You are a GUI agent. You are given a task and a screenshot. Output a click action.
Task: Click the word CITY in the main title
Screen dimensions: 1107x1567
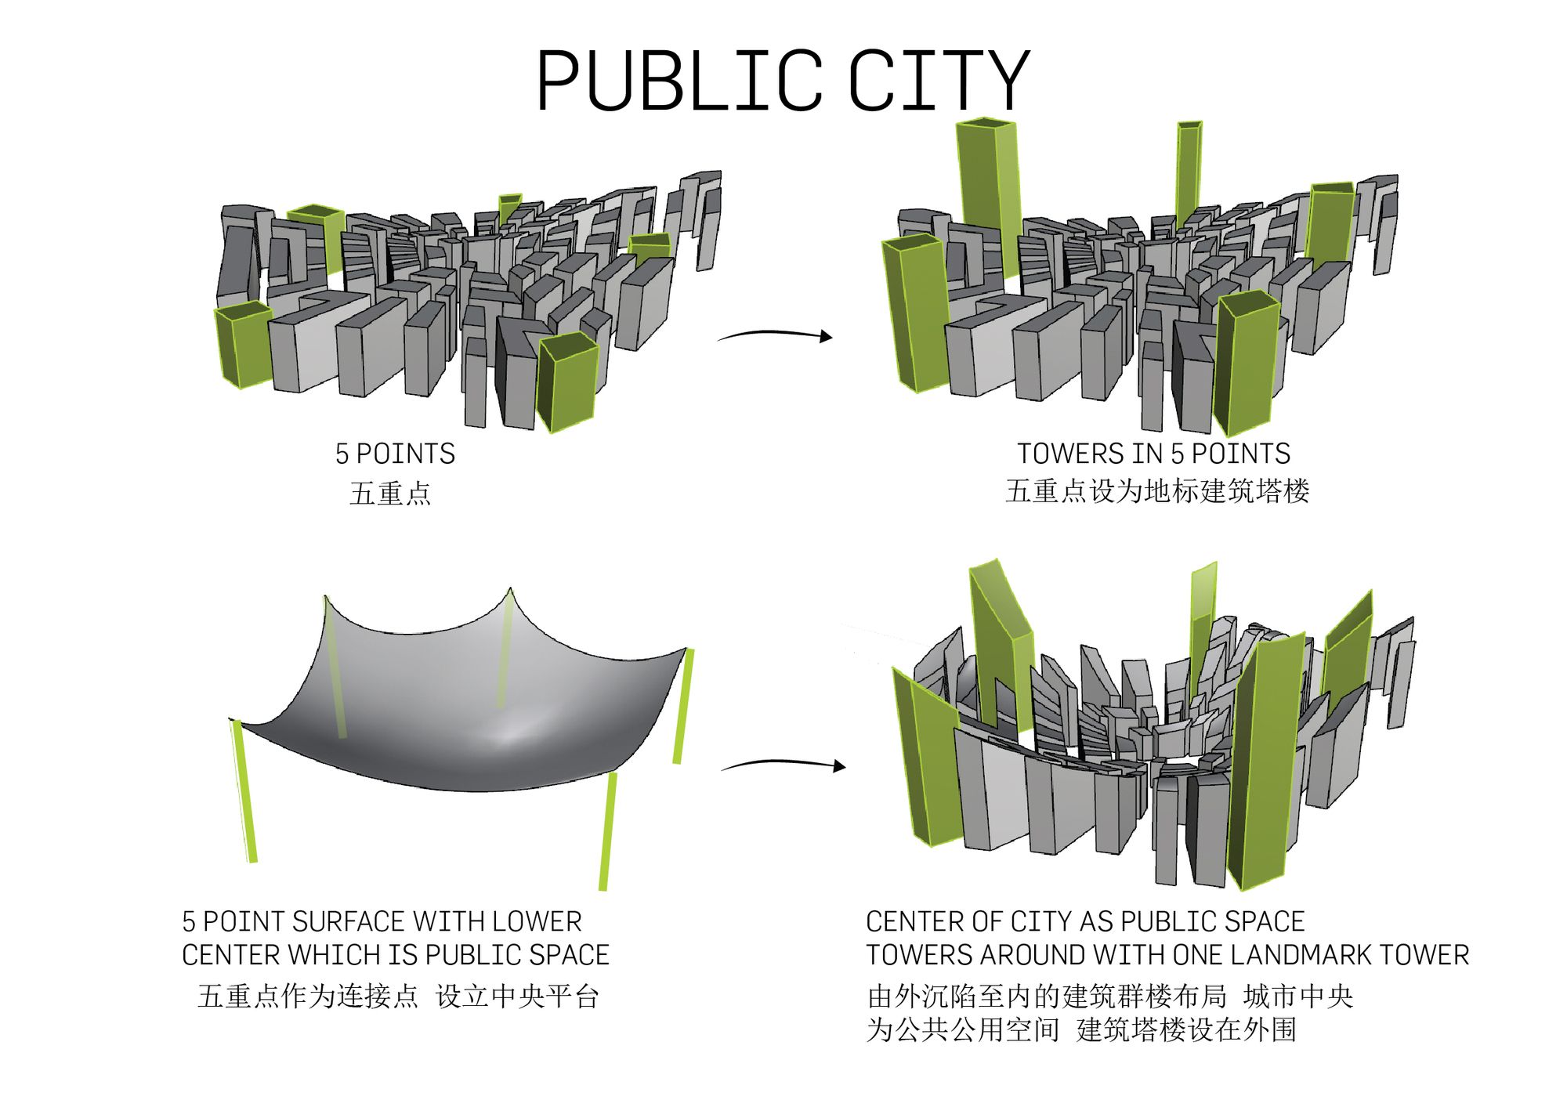938,80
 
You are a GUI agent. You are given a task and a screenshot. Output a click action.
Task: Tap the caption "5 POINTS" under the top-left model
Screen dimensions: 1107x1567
395,454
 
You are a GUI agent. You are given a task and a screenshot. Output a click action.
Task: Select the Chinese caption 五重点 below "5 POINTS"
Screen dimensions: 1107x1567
390,494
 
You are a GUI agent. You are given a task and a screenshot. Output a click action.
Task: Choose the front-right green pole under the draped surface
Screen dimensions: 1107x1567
607,830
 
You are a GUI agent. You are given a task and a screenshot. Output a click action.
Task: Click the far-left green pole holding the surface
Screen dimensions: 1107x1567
244,791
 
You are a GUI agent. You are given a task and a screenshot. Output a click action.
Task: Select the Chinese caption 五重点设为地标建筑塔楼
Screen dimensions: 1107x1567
1156,491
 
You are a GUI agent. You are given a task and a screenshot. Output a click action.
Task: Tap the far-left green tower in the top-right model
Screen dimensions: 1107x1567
915,313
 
